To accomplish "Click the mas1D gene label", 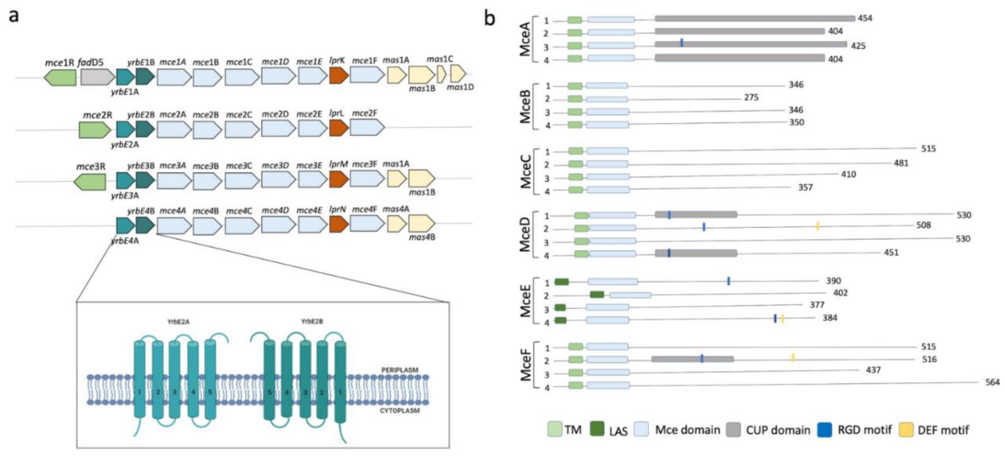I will tap(460, 87).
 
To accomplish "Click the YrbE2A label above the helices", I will tap(178, 322).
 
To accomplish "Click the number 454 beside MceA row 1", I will tap(865, 18).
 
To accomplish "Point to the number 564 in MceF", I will tap(992, 383).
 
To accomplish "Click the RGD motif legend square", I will tap(824, 429).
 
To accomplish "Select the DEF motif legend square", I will tap(906, 429).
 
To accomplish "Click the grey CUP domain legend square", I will tap(733, 429).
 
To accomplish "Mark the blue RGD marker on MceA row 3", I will tap(682, 43).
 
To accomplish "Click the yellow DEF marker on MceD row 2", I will tap(817, 226).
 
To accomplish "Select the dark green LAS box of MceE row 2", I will tap(597, 295).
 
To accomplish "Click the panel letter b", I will tap(490, 17).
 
